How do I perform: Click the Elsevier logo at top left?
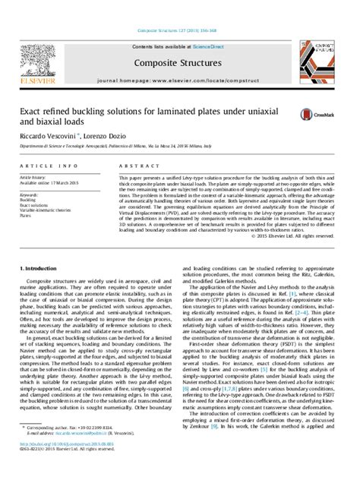(x=37, y=63)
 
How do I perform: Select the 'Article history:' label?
(x=36, y=176)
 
